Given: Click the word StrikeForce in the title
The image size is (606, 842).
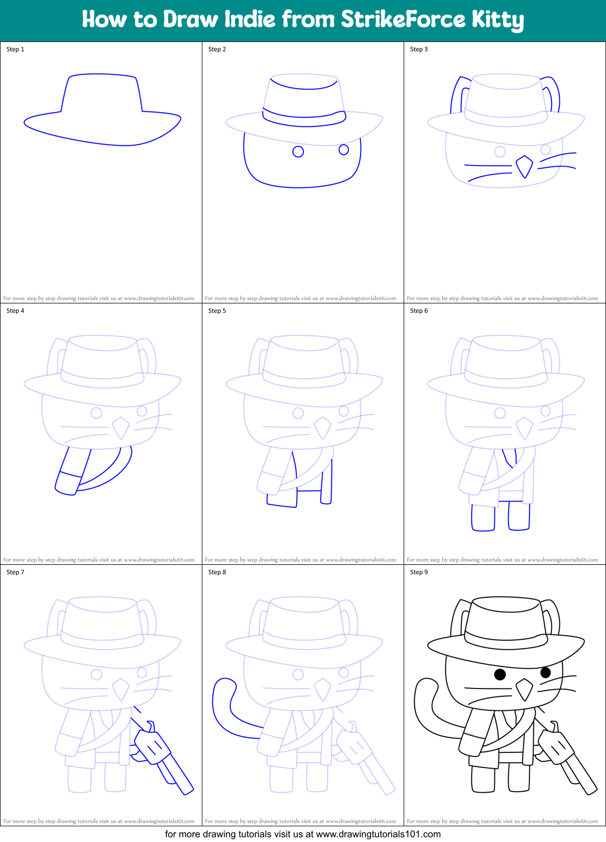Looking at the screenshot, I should [x=403, y=19].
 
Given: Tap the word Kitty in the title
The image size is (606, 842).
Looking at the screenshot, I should [x=497, y=20].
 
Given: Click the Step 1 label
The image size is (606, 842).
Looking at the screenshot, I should [x=15, y=49].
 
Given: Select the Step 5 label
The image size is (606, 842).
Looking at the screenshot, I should [x=217, y=311].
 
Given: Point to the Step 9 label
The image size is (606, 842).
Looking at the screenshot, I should [x=419, y=572].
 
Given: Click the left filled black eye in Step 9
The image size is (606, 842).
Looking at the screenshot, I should [x=500, y=674].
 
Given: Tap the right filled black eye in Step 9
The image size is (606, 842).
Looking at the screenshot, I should [x=545, y=672].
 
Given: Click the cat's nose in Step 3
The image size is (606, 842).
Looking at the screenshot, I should [x=524, y=166].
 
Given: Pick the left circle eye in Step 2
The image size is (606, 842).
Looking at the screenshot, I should [x=298, y=152].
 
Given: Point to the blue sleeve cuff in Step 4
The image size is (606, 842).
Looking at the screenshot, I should [x=68, y=483].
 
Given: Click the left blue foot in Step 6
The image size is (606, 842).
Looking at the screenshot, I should [x=483, y=517].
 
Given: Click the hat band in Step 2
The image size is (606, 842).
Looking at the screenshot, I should [x=304, y=119].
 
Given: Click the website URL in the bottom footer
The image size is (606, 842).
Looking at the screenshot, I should [x=378, y=834].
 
